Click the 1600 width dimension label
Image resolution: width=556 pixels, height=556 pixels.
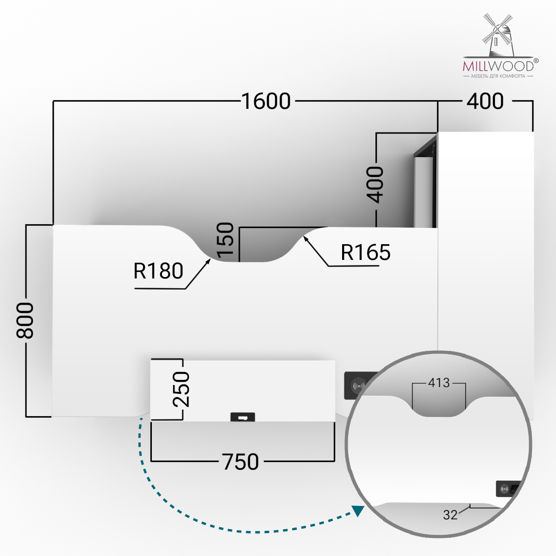(x=266, y=101)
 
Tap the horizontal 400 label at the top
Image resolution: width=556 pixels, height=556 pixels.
(x=485, y=101)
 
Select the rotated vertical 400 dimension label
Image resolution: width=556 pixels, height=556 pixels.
(x=375, y=185)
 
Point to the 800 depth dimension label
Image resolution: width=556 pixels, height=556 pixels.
(x=25, y=320)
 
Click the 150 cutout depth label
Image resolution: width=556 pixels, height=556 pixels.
(x=225, y=240)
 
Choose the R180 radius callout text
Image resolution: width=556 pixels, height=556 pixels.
(x=158, y=271)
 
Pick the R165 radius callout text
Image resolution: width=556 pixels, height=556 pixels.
(x=365, y=253)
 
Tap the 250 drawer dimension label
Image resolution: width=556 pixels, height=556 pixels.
(x=181, y=389)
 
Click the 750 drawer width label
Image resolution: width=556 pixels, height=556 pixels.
(x=240, y=462)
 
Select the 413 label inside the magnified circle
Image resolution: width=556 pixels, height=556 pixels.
(x=439, y=383)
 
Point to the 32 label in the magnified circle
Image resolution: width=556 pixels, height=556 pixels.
(x=450, y=515)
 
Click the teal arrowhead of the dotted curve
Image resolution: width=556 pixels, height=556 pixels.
(x=358, y=511)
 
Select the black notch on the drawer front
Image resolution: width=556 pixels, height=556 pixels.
(x=243, y=417)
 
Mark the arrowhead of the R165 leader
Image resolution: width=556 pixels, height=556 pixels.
(x=305, y=238)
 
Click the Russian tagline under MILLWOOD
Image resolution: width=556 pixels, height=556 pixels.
(x=498, y=76)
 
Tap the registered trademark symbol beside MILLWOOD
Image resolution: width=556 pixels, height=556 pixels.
(x=536, y=61)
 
